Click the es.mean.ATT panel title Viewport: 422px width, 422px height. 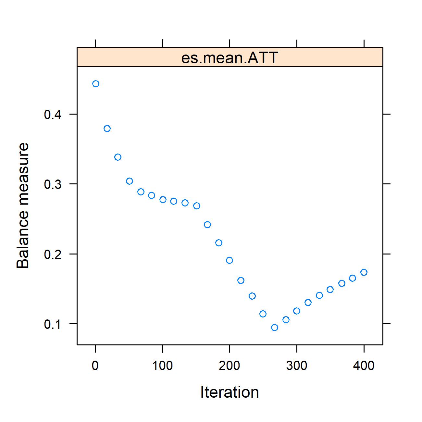pos(230,58)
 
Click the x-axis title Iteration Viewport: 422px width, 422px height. pos(230,392)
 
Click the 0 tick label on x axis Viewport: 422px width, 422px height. pos(95,366)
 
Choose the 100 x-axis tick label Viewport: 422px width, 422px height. pos(162,366)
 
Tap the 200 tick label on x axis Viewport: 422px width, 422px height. pos(230,366)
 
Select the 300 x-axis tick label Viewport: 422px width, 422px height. pos(297,366)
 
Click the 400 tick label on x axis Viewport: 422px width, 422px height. pos(364,366)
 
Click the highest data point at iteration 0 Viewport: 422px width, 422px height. pos(95,84)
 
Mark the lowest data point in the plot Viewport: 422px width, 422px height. pos(275,328)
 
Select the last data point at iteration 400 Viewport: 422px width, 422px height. pos(364,272)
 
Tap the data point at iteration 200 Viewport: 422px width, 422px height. pos(230,260)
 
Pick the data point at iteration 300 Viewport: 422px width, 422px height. pos(297,311)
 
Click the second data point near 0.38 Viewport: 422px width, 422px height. pos(107,129)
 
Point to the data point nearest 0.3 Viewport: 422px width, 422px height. pos(130,181)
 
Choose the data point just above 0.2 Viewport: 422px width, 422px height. pos(219,243)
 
